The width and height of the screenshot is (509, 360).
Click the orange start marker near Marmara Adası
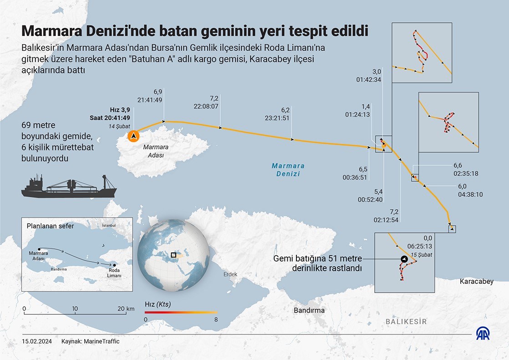point(133,136)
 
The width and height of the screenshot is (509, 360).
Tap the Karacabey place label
point(476,282)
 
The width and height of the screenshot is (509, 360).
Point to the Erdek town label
point(230,274)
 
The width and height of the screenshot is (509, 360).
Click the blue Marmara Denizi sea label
point(287,170)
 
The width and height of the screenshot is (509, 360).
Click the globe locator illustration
point(173,255)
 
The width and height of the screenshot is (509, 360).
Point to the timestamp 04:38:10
point(470,194)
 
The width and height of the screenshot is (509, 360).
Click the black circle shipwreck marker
point(404,259)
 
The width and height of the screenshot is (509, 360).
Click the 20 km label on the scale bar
point(126,309)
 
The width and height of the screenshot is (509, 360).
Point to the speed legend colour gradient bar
point(181,313)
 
